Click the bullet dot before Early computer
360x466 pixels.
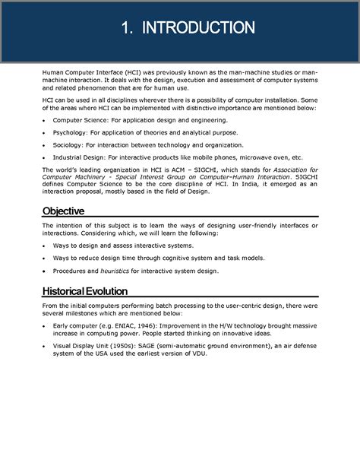[x=45, y=325]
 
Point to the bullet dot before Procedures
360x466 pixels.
[x=45, y=271]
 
